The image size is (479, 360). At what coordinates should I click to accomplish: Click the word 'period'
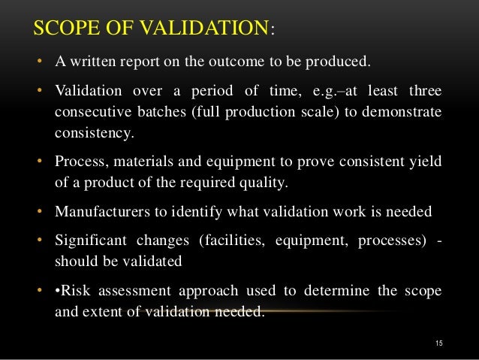pyautogui.click(x=199, y=91)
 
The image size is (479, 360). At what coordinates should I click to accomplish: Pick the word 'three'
pyautogui.click(x=423, y=91)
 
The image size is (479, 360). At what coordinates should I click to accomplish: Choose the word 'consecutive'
pyautogui.click(x=92, y=113)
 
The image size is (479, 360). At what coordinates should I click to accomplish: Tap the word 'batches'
pyautogui.click(x=163, y=113)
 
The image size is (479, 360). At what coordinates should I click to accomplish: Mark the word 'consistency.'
pyautogui.click(x=93, y=134)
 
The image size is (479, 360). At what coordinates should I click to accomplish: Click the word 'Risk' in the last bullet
pyautogui.click(x=77, y=289)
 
